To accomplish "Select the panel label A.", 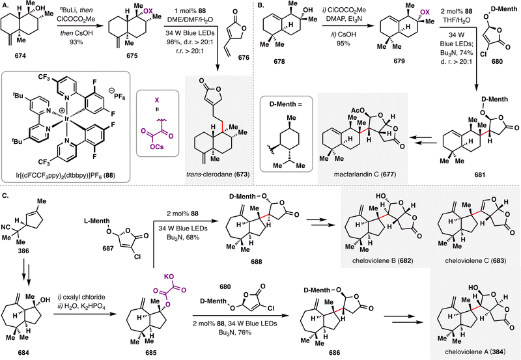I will pos(6,5).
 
